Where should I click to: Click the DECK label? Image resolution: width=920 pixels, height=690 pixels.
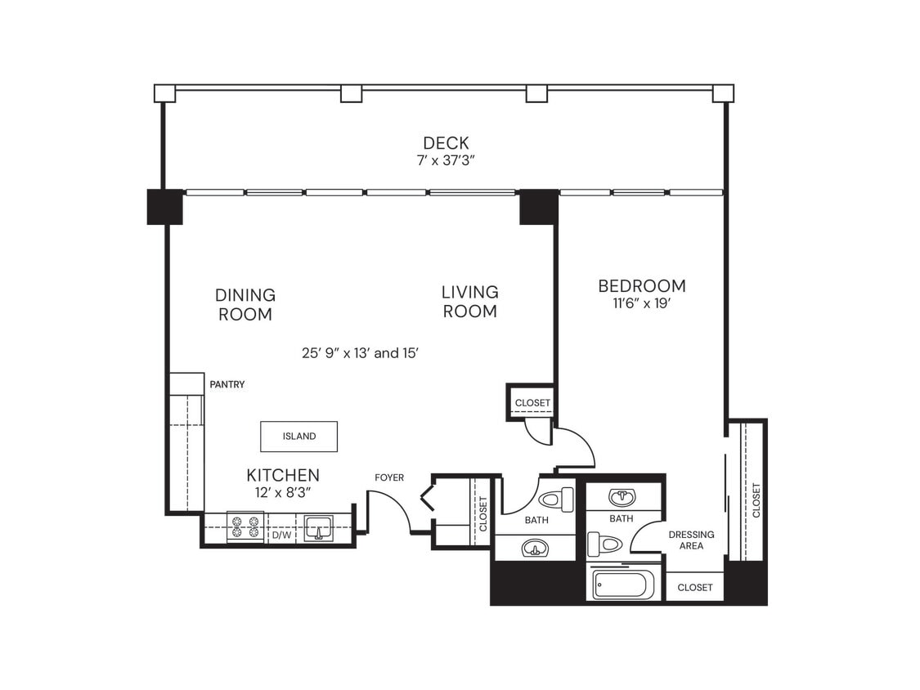click(446, 143)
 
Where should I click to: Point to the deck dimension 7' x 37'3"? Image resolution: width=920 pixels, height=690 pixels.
click(446, 161)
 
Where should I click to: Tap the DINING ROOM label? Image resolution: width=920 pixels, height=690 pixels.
click(245, 304)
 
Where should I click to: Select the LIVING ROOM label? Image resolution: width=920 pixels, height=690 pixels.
click(469, 302)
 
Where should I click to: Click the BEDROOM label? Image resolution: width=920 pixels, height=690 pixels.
click(641, 285)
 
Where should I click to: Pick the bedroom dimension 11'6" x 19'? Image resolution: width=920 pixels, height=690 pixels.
click(641, 303)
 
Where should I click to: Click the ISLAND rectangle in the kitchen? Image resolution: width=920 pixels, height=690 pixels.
click(299, 437)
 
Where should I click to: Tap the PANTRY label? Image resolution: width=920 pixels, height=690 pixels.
click(227, 384)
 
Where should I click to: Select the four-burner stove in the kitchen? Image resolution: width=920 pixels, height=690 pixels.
click(245, 527)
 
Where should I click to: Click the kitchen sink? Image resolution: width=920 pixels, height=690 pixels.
click(318, 528)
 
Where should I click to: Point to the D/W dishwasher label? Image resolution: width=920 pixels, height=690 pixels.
click(281, 535)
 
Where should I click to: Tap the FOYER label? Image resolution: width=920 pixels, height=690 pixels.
click(389, 477)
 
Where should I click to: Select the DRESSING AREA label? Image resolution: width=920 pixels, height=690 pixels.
click(691, 540)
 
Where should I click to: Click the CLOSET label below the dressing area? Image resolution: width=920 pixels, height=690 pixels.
click(695, 587)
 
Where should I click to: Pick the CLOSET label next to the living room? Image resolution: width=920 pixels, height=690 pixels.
click(532, 403)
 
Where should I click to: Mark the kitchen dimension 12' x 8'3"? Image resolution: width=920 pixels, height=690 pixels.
click(283, 492)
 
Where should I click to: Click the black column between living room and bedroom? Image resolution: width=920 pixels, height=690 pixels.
click(539, 207)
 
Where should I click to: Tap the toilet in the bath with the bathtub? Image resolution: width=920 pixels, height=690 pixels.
click(605, 544)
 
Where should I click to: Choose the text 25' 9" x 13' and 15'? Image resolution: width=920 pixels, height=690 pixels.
click(361, 353)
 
